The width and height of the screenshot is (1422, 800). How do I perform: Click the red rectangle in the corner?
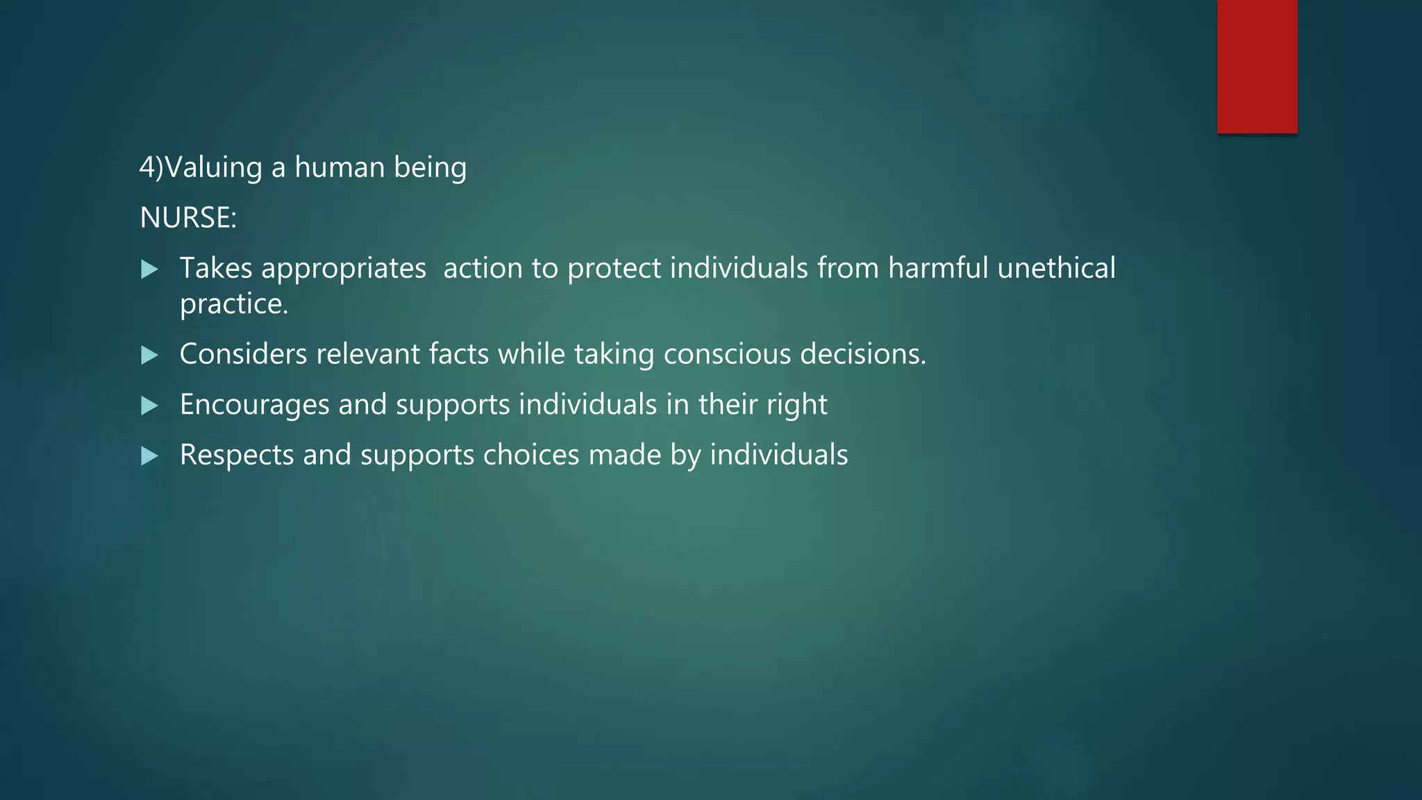coord(1257,67)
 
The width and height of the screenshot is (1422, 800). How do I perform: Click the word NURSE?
coord(188,218)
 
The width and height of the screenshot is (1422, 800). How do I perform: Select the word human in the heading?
coord(340,167)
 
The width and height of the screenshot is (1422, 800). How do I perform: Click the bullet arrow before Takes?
coord(149,269)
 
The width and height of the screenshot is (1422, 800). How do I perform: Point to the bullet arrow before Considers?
coord(149,356)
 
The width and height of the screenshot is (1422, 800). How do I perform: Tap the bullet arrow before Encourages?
coord(149,406)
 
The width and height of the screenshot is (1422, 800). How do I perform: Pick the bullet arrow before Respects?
coord(149,456)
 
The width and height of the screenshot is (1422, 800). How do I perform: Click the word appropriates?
coord(344,269)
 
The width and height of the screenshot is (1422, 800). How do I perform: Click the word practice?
coord(234,304)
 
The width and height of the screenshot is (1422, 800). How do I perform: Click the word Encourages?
coord(254,406)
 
